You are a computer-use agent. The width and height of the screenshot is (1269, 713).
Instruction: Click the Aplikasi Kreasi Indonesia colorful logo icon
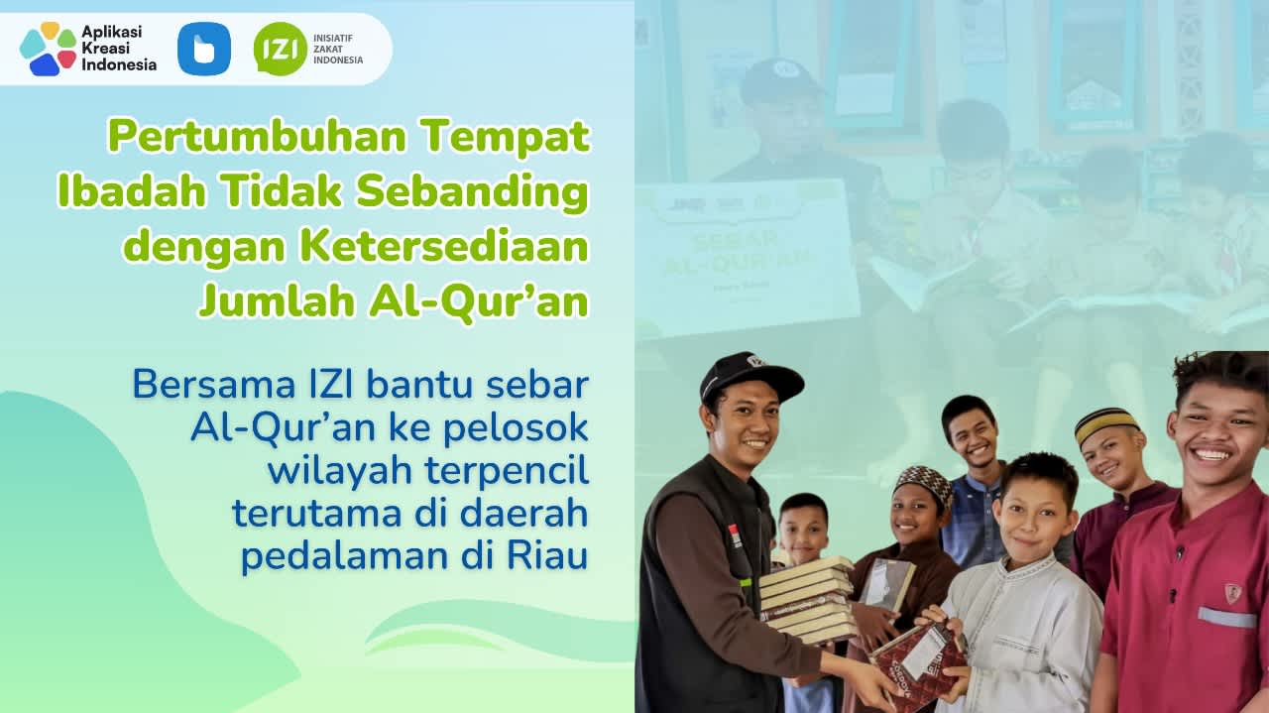tap(48, 49)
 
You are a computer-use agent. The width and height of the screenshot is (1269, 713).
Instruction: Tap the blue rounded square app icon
tap(204, 49)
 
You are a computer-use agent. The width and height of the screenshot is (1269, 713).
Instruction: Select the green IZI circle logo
tap(280, 49)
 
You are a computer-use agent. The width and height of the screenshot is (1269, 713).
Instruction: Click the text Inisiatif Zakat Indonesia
tap(338, 49)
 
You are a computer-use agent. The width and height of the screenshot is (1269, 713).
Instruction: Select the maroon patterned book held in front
tap(917, 659)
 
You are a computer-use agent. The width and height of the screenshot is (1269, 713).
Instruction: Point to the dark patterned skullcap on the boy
tap(924, 483)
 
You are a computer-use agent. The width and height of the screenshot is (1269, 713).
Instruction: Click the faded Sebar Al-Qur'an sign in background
tap(746, 257)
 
